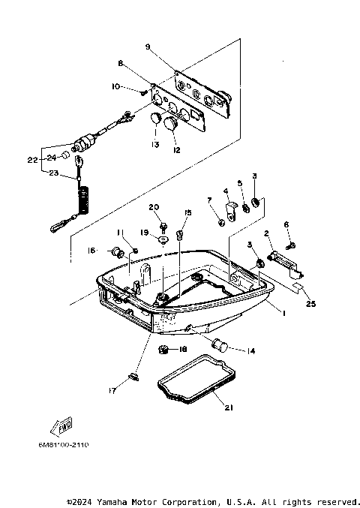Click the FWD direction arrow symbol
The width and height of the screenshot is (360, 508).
[59, 426]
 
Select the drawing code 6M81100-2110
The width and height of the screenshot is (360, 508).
[63, 445]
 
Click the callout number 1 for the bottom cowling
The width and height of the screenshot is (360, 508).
[283, 310]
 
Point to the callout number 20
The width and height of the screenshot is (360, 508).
[154, 207]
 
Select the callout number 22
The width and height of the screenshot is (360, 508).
[31, 160]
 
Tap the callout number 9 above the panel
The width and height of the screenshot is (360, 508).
[147, 47]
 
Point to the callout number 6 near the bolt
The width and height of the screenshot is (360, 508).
[286, 224]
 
